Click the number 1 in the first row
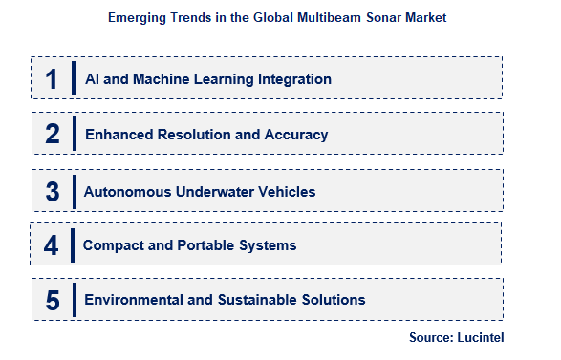[x=52, y=79]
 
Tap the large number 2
[x=52, y=135]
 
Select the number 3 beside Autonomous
[x=52, y=191]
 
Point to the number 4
[x=52, y=245]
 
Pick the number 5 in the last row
[x=52, y=301]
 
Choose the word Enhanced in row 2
[x=119, y=135]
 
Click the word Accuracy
[x=297, y=135]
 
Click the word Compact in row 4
[x=114, y=245]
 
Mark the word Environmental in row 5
[x=135, y=300]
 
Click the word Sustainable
[x=264, y=300]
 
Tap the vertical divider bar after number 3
[x=73, y=191]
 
